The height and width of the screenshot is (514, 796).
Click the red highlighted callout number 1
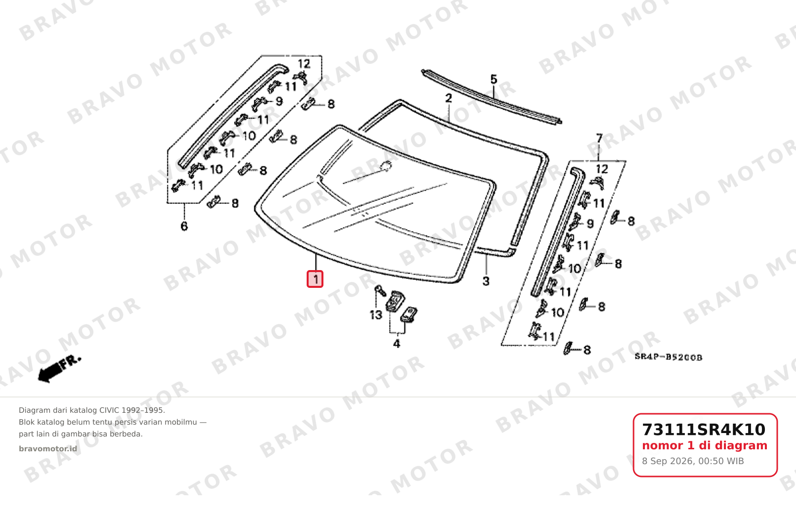tap(315, 279)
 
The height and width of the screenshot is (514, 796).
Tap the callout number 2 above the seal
tap(448, 98)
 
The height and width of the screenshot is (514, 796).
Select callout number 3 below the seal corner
tap(486, 281)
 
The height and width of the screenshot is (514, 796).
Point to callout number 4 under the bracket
tap(397, 344)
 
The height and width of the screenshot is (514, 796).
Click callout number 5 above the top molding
tap(494, 79)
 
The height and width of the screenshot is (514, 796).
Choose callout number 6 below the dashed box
tap(184, 226)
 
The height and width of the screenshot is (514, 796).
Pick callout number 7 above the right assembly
tap(599, 138)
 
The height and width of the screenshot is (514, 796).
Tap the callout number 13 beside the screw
tap(376, 315)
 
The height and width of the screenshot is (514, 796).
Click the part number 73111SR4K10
tap(704, 430)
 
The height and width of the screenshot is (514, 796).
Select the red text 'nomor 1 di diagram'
tap(705, 445)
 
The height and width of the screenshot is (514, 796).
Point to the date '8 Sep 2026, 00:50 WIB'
tap(693, 461)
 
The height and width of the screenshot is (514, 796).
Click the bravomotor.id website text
tap(48, 449)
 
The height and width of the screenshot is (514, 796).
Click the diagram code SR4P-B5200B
tap(669, 357)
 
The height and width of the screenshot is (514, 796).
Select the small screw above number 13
tap(380, 290)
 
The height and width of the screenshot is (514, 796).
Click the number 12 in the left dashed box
tap(304, 64)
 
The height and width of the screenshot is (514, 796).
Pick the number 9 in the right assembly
tap(590, 224)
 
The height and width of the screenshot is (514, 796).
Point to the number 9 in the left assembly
tap(279, 101)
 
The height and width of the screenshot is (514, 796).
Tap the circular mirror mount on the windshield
tap(386, 165)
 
